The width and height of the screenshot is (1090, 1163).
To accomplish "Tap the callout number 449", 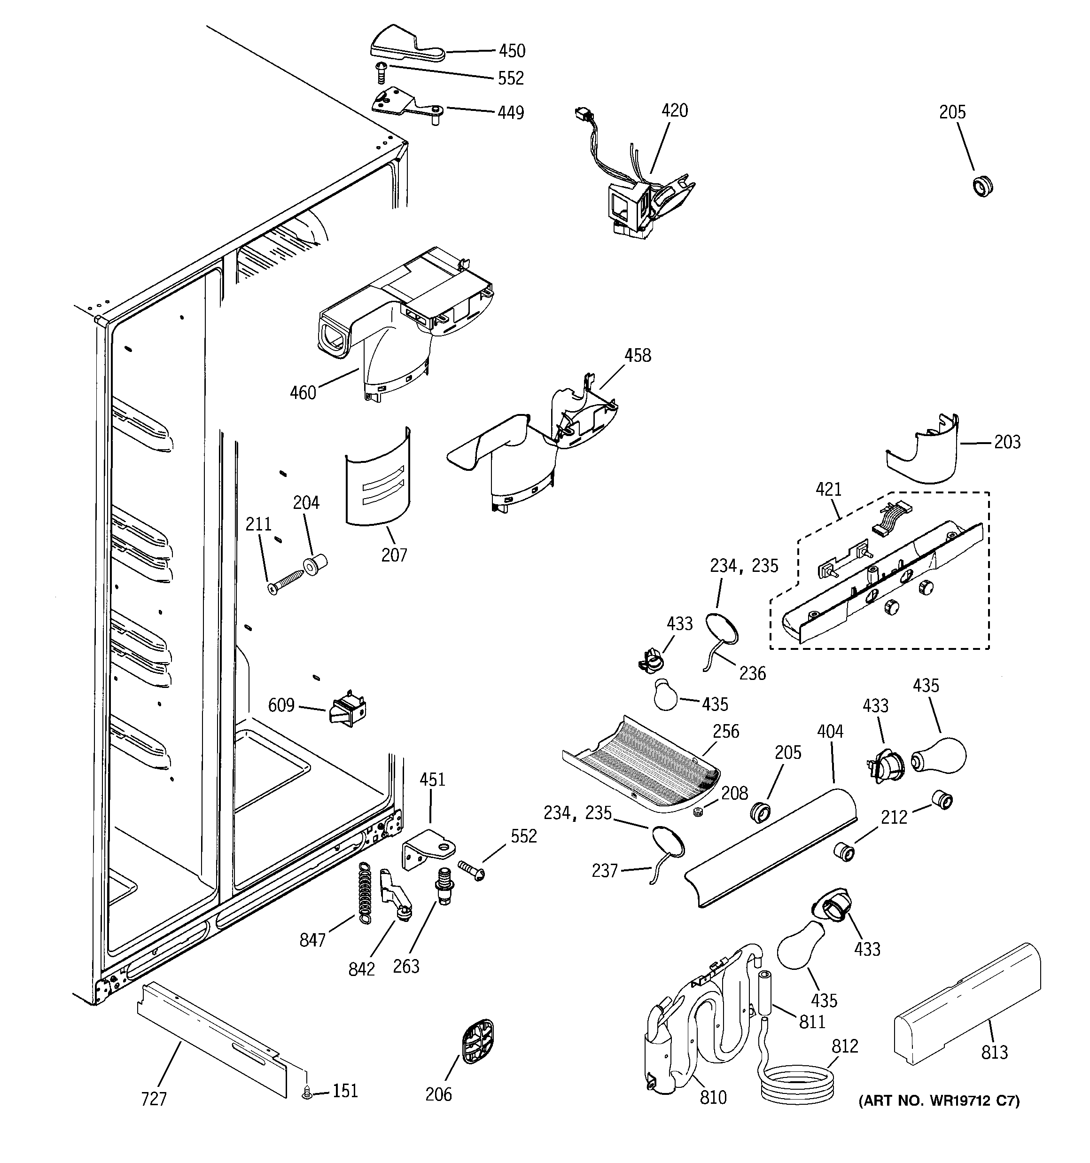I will tap(510, 112).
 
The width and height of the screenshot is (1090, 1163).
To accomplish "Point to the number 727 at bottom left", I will tap(154, 1099).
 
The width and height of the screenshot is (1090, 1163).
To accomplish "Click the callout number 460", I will tap(303, 392).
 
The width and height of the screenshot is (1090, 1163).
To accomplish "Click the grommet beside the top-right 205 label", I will tap(982, 186).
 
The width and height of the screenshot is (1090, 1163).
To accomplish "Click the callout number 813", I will tap(994, 1053).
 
